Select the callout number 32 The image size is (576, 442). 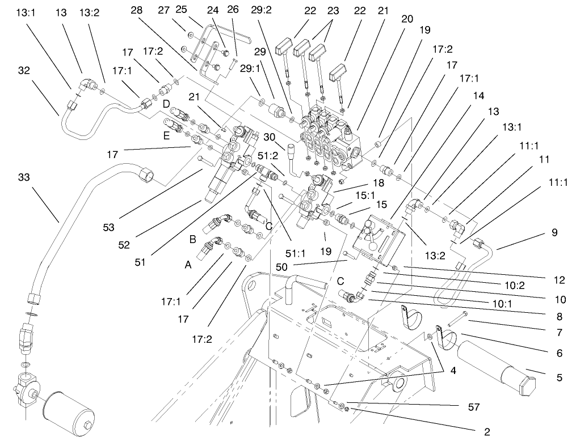(24, 71)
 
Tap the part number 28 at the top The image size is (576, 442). (137, 10)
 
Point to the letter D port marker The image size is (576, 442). (166, 104)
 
